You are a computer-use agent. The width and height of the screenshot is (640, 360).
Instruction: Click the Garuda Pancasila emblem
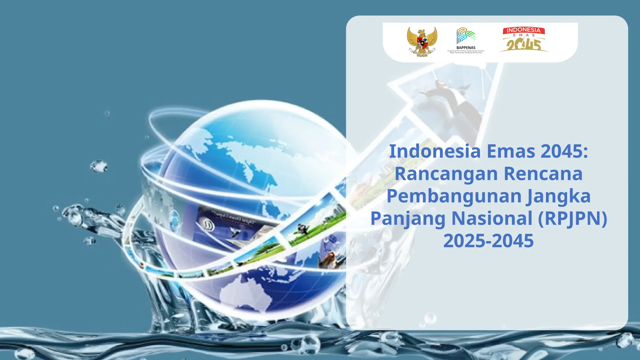coord(422,42)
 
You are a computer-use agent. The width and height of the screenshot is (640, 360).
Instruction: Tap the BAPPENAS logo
coord(466,36)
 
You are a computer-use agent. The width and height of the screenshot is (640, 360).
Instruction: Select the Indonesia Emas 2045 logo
coord(524,40)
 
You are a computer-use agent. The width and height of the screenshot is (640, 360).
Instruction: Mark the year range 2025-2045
coord(488,241)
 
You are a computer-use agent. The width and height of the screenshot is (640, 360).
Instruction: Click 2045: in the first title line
coord(564,151)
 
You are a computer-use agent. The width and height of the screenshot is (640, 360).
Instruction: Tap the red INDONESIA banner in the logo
coord(524,30)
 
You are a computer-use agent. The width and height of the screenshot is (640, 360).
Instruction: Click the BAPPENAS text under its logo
coord(466,48)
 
